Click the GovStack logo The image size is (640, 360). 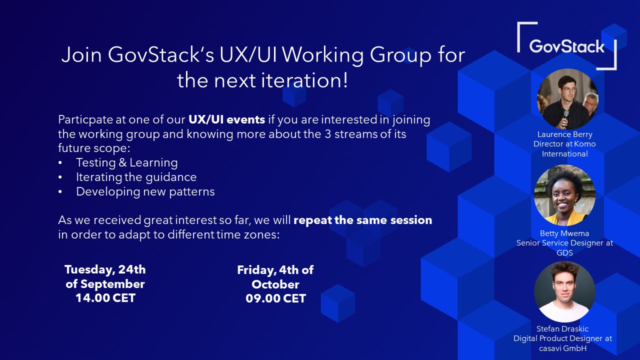click(567, 46)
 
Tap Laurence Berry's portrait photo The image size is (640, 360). click(567, 99)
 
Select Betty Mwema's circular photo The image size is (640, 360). click(564, 195)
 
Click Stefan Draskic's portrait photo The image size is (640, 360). click(564, 292)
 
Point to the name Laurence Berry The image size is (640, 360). click(564, 134)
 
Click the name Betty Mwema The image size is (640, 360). click(564, 233)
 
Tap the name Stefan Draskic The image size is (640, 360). click(562, 328)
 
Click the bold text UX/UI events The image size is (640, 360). click(226, 120)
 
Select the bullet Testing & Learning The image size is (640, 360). click(126, 162)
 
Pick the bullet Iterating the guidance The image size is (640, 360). click(136, 177)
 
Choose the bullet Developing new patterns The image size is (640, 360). click(145, 191)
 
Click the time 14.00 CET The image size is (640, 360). click(105, 298)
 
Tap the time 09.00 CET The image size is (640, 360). click(275, 299)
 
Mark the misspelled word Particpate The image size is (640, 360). click(83, 120)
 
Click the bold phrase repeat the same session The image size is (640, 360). click(362, 220)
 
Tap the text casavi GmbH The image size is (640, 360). click(562, 348)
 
